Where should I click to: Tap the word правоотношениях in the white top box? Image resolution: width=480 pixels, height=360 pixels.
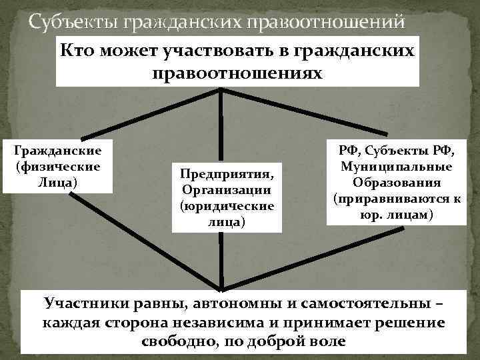point(237,71)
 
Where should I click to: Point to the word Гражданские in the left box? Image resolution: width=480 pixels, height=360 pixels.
point(57,152)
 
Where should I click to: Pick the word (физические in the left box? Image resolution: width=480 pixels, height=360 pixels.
point(57,167)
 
